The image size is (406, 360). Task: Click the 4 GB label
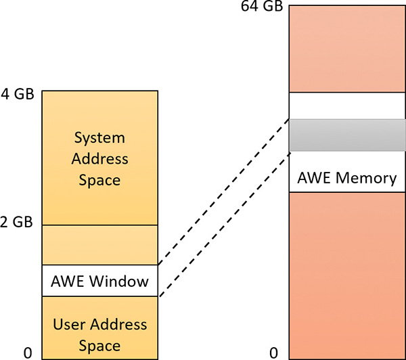point(18,94)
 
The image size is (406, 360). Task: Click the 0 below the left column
point(28,353)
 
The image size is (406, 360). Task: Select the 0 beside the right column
point(273,353)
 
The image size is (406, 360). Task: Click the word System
point(99,138)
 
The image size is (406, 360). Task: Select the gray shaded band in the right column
point(347,135)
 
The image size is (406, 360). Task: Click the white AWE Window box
point(100,280)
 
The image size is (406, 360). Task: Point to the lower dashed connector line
point(223,223)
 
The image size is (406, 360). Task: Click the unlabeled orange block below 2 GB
point(100,244)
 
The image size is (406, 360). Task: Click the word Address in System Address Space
point(99,159)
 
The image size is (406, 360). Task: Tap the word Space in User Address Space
point(99,345)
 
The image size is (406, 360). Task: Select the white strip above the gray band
point(347,106)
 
